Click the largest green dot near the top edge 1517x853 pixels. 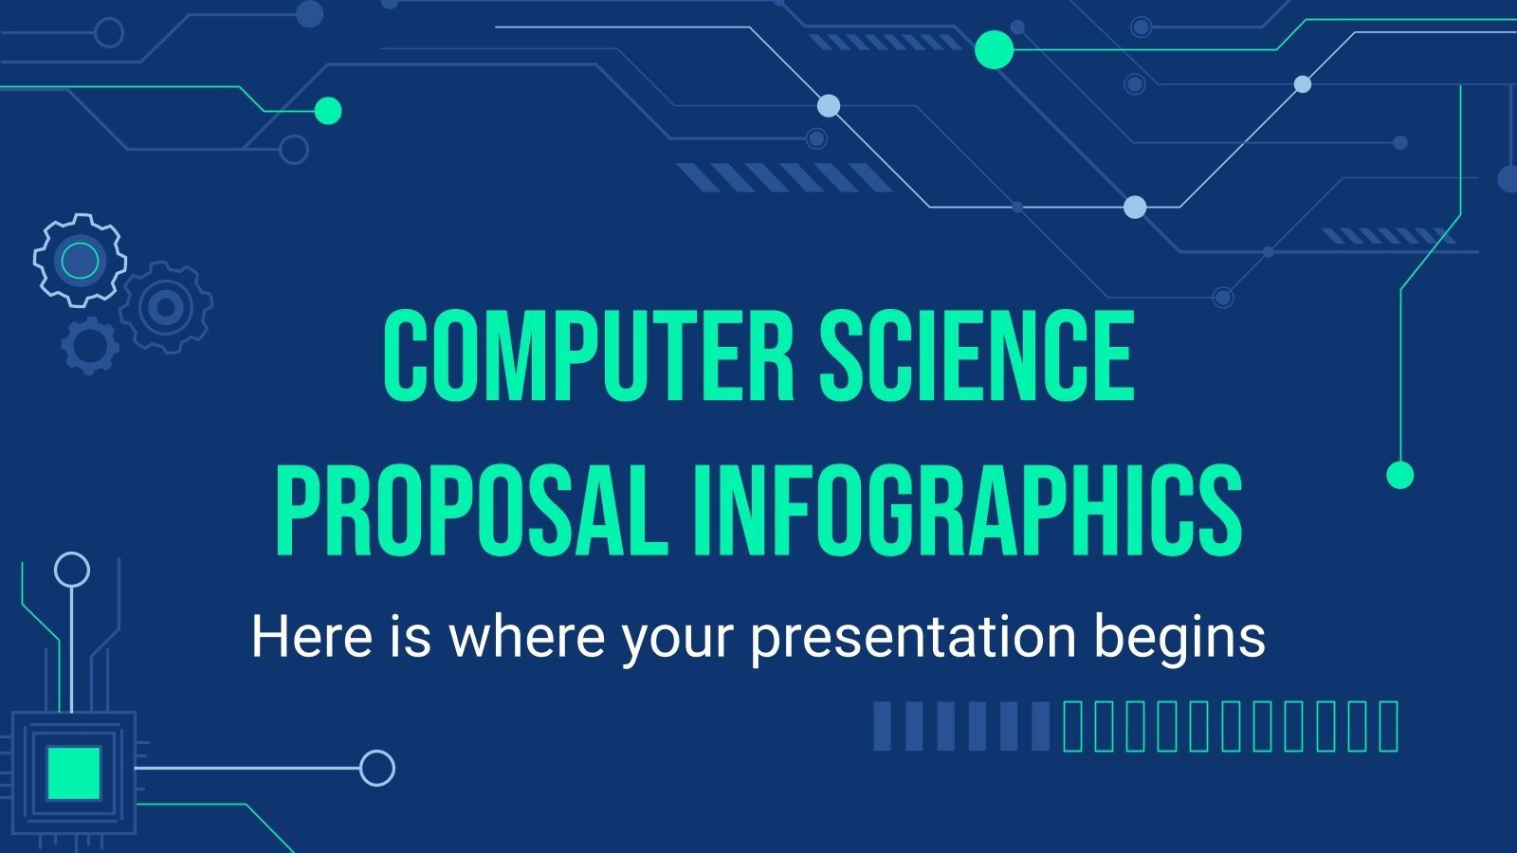[994, 49]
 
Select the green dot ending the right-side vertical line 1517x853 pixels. [1399, 475]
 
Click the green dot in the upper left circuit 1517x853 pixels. [327, 111]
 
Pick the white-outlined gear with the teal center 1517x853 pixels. [80, 259]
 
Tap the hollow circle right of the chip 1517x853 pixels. [377, 767]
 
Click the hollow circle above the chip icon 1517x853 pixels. [72, 570]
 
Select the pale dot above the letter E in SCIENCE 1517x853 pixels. [1135, 207]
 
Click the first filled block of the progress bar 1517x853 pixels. [882, 726]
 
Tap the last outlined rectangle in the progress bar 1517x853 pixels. [1389, 726]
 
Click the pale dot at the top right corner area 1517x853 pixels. [1303, 84]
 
